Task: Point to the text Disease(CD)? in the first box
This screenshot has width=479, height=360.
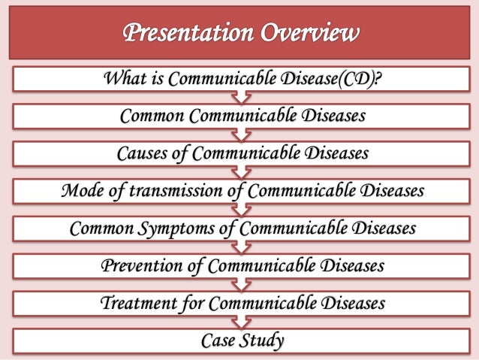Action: point(324,78)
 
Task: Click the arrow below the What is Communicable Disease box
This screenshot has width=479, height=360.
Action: point(239,97)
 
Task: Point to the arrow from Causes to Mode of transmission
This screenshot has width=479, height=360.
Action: point(239,172)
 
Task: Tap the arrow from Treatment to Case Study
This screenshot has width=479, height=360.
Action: point(239,322)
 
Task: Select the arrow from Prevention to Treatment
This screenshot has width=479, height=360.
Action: point(239,285)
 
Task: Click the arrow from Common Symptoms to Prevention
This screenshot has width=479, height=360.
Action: point(239,247)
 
